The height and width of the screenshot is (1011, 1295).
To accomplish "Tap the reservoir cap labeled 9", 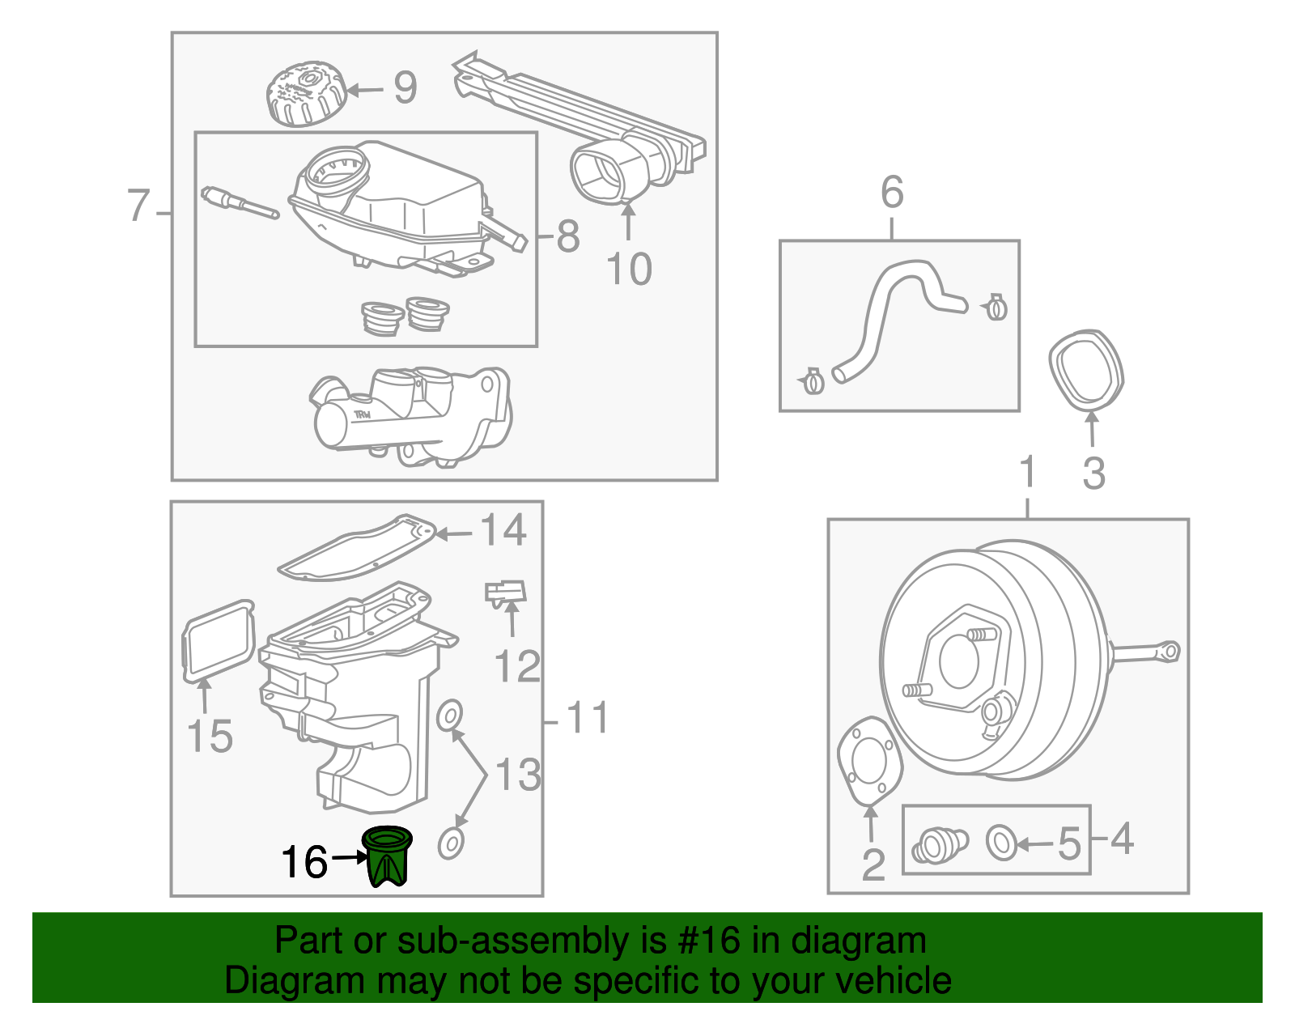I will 306,96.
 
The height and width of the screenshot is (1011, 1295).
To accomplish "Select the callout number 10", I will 629,270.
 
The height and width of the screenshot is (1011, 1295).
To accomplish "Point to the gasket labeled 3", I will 1085,370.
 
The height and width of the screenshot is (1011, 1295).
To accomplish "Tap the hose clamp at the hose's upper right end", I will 996,307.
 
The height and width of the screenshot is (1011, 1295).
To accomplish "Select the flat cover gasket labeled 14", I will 356,548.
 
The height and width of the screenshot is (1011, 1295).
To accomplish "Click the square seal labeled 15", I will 217,640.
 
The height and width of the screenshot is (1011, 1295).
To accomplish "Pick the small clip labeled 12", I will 506,594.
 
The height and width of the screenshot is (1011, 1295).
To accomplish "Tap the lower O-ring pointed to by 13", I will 451,843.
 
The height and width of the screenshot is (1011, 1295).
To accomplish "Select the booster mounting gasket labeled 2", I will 869,760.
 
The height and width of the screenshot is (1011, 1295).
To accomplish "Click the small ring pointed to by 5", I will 1001,843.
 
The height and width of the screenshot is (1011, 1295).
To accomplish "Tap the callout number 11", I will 587,718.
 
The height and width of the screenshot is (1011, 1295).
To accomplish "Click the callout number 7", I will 139,206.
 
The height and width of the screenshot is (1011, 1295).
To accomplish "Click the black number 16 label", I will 304,863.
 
